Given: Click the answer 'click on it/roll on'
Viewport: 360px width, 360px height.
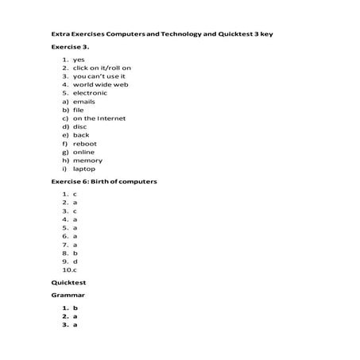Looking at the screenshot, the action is (102, 68).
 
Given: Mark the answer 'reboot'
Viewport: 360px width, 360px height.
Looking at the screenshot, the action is (84, 144).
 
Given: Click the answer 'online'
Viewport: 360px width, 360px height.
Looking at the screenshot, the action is (83, 152).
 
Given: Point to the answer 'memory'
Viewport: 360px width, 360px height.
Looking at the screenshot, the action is (87, 161).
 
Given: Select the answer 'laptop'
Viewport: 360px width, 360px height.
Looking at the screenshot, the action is (84, 168).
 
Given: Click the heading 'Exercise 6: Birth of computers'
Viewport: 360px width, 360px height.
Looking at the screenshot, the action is (103, 181).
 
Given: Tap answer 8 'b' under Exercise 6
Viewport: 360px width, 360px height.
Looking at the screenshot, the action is (75, 253).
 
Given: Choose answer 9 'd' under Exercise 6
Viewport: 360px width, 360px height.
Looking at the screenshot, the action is (75, 261).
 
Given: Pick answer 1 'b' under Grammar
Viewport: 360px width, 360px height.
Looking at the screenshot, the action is (75, 308).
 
